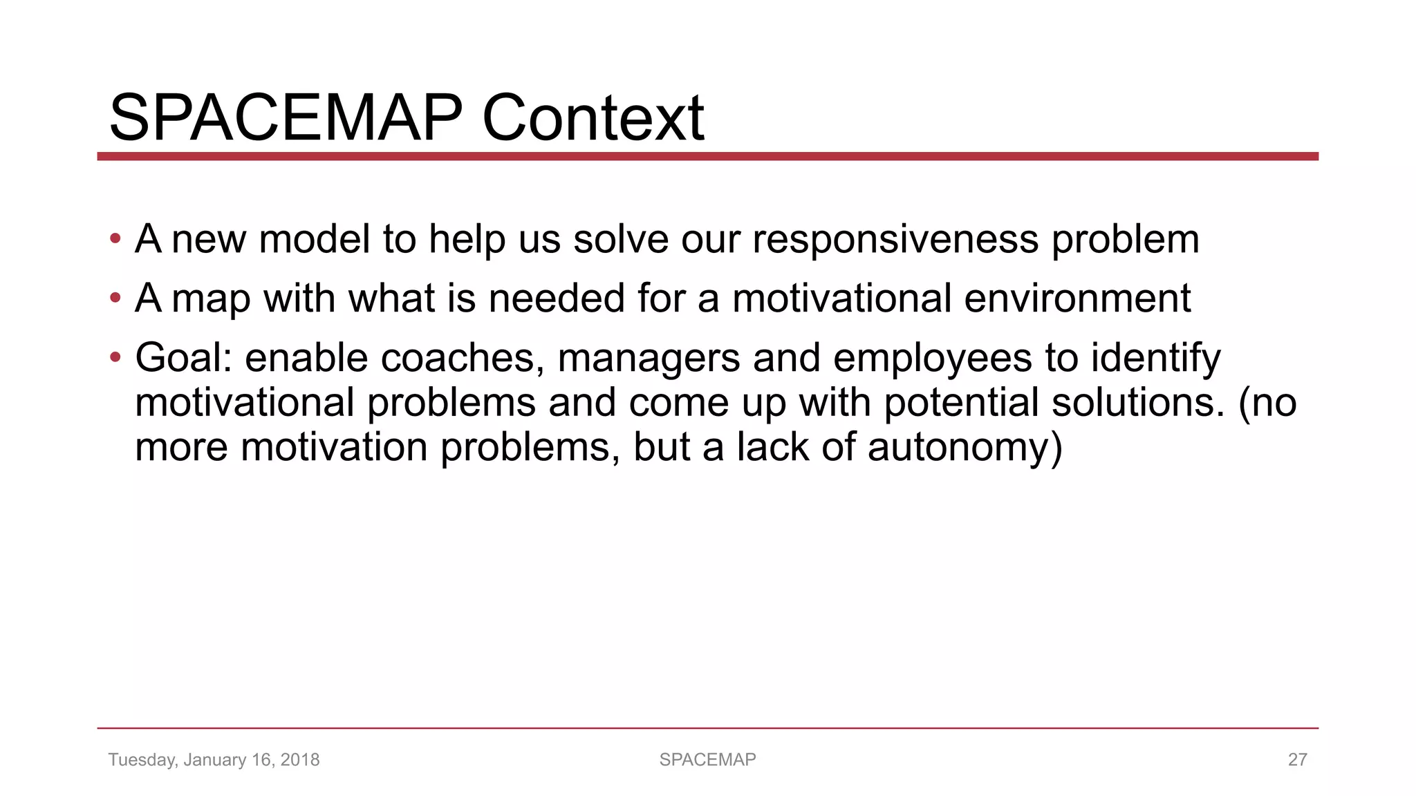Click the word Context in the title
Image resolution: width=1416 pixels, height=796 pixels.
pyautogui.click(x=593, y=118)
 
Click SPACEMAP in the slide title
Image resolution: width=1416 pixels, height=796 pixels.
pyautogui.click(x=286, y=118)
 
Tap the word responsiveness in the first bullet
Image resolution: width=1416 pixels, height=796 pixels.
pyautogui.click(x=895, y=240)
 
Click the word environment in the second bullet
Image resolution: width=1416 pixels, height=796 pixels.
pyautogui.click(x=1077, y=298)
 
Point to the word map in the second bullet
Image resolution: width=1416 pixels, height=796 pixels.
pyautogui.click(x=211, y=300)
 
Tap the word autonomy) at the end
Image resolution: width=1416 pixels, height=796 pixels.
pyautogui.click(x=965, y=448)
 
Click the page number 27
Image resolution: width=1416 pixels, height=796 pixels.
pyautogui.click(x=1297, y=759)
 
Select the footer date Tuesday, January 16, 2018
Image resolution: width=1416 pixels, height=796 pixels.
pyautogui.click(x=214, y=759)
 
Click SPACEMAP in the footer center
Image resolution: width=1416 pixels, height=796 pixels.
pyautogui.click(x=707, y=759)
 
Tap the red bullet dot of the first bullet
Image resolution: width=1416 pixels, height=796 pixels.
pyautogui.click(x=115, y=240)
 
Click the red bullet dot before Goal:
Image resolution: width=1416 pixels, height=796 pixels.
pyautogui.click(x=115, y=358)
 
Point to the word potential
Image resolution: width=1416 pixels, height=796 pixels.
pyautogui.click(x=961, y=404)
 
